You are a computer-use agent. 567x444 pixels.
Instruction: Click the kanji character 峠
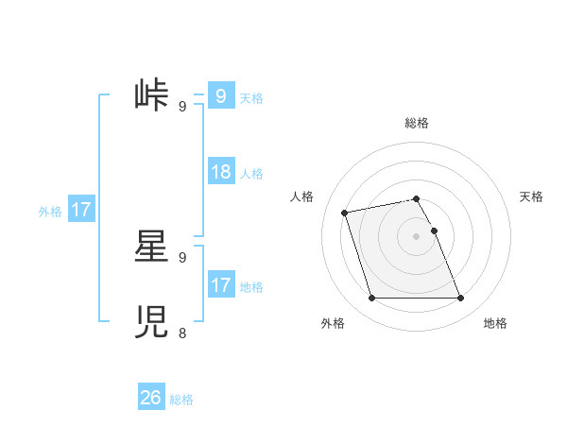click(x=151, y=96)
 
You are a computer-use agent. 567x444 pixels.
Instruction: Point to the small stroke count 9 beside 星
click(x=182, y=257)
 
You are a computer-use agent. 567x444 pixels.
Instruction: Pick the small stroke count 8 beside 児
click(x=182, y=333)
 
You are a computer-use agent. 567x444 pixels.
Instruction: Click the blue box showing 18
click(x=221, y=172)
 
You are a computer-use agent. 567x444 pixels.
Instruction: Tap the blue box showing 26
click(x=151, y=398)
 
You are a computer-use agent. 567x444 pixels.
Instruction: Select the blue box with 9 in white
click(x=221, y=96)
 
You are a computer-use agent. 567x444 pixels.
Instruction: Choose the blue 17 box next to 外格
click(x=81, y=210)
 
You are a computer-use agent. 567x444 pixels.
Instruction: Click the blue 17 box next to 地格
click(x=221, y=285)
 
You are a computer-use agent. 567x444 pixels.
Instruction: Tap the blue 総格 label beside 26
click(x=181, y=400)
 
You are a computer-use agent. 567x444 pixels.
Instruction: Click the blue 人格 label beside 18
click(x=251, y=174)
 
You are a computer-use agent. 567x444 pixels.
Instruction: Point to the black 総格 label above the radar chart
click(x=417, y=123)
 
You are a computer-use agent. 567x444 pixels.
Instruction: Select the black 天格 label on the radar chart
click(x=531, y=196)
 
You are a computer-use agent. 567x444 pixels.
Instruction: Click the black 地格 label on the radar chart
click(x=495, y=324)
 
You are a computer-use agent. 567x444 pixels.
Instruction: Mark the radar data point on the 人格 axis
click(x=345, y=212)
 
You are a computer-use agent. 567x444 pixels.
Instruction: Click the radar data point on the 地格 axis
click(x=460, y=299)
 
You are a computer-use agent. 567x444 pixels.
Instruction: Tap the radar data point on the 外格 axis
click(x=371, y=299)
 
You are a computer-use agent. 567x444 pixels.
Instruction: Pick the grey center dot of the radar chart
click(x=416, y=235)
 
